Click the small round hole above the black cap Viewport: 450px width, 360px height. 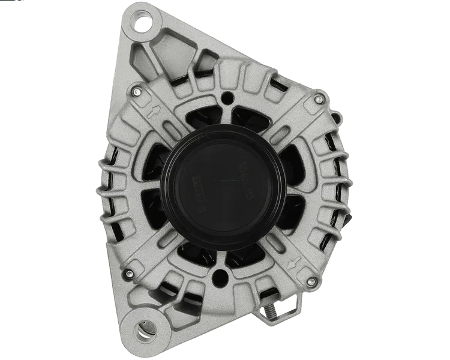(226, 97)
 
